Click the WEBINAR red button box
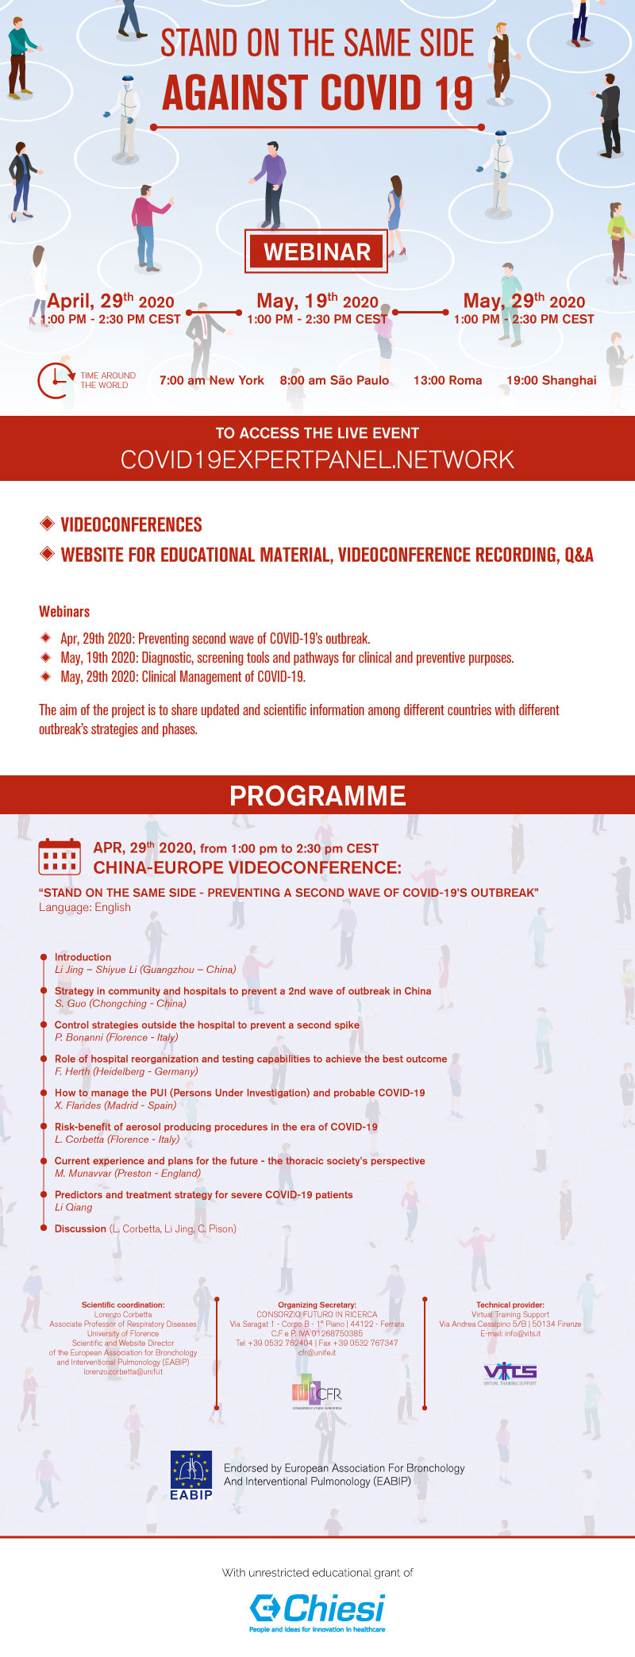click(x=317, y=252)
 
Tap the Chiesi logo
click(x=317, y=1610)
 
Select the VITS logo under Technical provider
click(x=510, y=1372)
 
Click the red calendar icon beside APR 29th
click(x=60, y=857)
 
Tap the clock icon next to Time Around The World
click(x=54, y=380)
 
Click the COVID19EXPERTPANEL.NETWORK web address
click(x=317, y=459)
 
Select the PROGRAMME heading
click(x=317, y=795)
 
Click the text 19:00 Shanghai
click(x=552, y=380)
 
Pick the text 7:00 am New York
click(x=211, y=380)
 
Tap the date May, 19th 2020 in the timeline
click(x=317, y=301)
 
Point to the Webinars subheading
click(x=64, y=611)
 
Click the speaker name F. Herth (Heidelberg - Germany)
click(x=126, y=1071)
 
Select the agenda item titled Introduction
click(x=83, y=957)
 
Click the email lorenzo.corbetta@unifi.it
click(x=123, y=1371)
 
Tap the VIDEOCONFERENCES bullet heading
click(x=131, y=525)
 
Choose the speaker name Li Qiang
click(x=73, y=1207)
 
